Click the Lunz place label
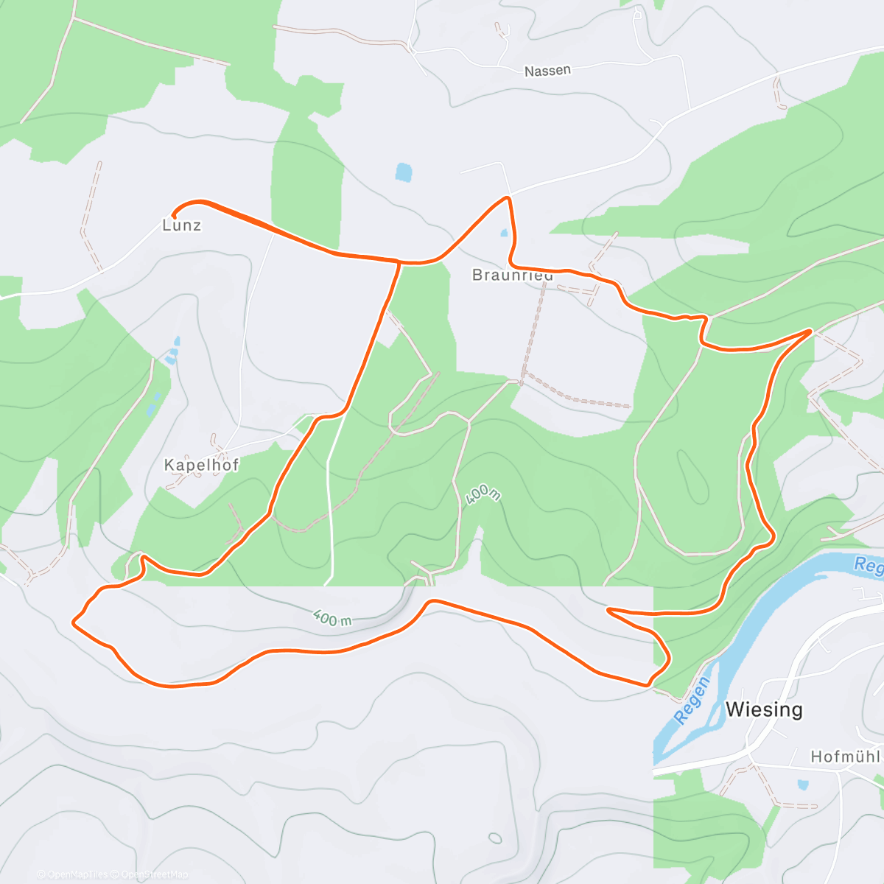point(181,225)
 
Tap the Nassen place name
point(547,71)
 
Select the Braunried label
point(512,276)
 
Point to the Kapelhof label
point(201,466)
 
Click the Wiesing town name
point(764,709)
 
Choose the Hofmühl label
point(846,757)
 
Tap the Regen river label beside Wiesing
point(692,701)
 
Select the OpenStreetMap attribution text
point(154,874)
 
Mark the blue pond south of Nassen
point(403,172)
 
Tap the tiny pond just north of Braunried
point(504,233)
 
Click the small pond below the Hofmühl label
point(802,785)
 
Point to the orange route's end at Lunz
point(174,214)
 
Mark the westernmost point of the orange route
point(73,622)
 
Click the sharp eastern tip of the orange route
point(811,331)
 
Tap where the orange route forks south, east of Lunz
point(399,262)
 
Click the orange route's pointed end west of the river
point(608,609)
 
